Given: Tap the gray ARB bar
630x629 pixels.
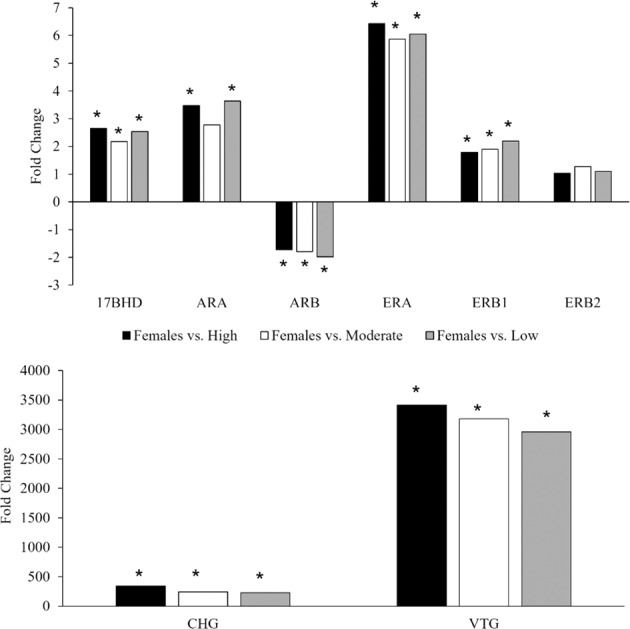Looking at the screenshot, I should point(325,229).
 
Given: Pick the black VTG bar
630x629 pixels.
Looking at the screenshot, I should point(421,505).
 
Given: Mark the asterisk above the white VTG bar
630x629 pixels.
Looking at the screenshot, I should point(477,407).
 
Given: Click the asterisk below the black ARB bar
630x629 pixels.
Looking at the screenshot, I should point(283,265).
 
